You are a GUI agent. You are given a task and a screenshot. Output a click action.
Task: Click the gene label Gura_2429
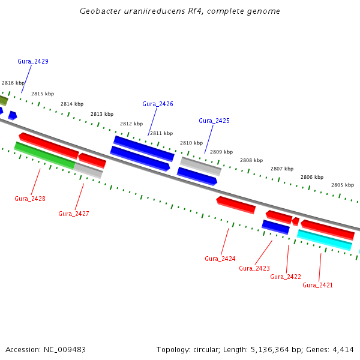pyautogui.click(x=33, y=62)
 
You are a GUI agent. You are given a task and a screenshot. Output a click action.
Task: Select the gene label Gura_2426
pyautogui.click(x=158, y=104)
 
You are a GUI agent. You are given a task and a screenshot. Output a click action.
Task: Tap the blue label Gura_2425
pyautogui.click(x=214, y=121)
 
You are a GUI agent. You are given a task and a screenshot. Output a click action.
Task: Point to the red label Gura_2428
pyautogui.click(x=30, y=199)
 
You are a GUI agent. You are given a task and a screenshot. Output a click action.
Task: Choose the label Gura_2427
pyautogui.click(x=74, y=214)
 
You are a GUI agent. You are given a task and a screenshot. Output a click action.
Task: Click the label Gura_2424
pyautogui.click(x=220, y=259)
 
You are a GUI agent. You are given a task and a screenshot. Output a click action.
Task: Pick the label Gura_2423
pyautogui.click(x=254, y=268)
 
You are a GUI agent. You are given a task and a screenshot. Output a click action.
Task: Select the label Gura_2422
pyautogui.click(x=286, y=277)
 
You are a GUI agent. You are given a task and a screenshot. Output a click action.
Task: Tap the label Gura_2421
pyautogui.click(x=318, y=285)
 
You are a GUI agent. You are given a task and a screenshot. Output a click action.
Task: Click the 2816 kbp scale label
pyautogui.click(x=13, y=83)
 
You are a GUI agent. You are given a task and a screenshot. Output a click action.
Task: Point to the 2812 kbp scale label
pyautogui.click(x=131, y=124)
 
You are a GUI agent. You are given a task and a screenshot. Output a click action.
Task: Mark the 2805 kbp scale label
pyautogui.click(x=343, y=185)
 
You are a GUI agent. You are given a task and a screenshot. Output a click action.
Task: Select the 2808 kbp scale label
pyautogui.click(x=251, y=160)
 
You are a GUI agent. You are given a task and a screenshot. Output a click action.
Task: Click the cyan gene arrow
pyautogui.click(x=325, y=240)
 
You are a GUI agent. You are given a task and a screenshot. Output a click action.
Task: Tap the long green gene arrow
pyautogui.click(x=45, y=155)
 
